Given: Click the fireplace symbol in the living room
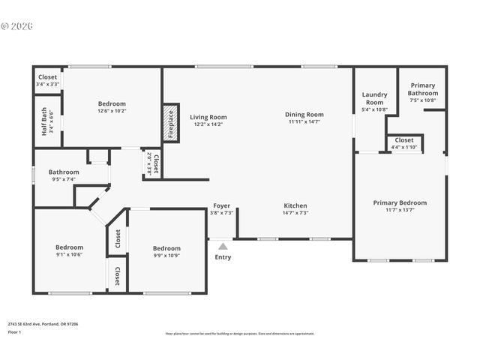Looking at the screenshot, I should point(170,123).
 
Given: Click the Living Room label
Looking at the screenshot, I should point(208,117).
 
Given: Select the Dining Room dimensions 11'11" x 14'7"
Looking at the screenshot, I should point(304,121).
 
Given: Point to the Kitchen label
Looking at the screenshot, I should point(295,205).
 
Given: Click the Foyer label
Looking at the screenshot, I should point(222,205).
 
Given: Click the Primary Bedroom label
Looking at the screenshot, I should point(400,202).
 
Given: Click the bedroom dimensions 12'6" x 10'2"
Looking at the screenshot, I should point(112,111).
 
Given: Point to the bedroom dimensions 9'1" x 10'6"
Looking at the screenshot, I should point(68,254).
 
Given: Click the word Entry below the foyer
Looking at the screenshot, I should point(223,257).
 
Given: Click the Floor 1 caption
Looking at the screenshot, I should point(14,331).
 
